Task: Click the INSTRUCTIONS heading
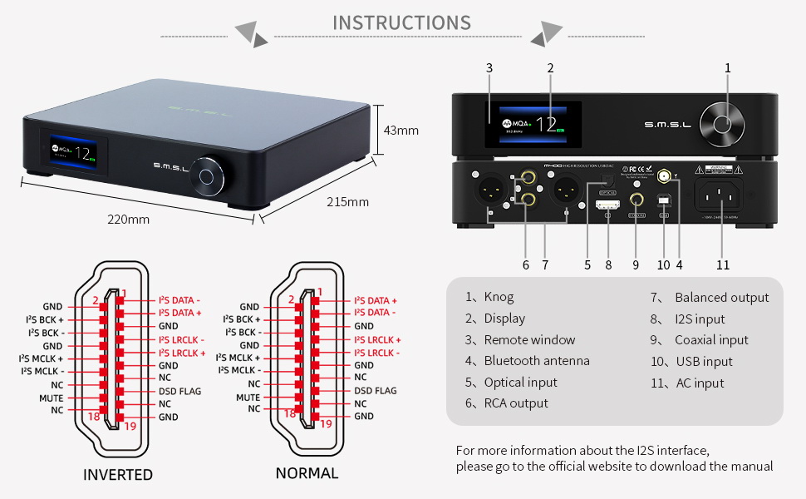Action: (x=401, y=22)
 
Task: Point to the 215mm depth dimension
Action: (x=347, y=202)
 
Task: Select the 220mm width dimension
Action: (x=128, y=220)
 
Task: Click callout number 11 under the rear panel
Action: (x=723, y=264)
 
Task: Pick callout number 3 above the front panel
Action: (x=489, y=67)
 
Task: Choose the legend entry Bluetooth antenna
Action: (x=536, y=361)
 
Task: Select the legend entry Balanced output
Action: (x=721, y=298)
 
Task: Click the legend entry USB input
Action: (x=703, y=362)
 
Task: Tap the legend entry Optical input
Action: (x=520, y=383)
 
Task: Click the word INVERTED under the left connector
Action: (x=118, y=475)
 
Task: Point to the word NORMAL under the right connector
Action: (x=307, y=473)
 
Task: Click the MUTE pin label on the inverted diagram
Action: (x=52, y=398)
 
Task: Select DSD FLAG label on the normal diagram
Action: (x=376, y=391)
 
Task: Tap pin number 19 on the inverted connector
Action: (x=129, y=426)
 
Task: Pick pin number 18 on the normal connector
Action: (x=290, y=413)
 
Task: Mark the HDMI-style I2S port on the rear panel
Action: (x=608, y=204)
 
